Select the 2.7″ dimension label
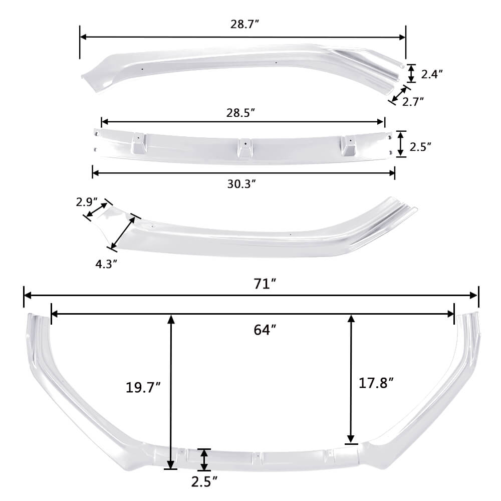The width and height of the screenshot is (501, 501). (413, 101)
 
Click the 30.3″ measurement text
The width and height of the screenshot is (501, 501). (242, 184)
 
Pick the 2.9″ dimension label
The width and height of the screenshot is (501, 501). (86, 202)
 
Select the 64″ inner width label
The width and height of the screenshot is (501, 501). (265, 330)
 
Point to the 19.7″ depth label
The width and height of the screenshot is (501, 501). (143, 386)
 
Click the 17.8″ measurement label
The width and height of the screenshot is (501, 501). (376, 383)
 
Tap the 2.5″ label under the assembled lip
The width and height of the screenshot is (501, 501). (204, 481)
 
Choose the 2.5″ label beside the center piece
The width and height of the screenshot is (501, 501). (420, 147)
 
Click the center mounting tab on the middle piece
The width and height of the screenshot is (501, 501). (244, 146)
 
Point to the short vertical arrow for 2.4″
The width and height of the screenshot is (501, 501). (411, 73)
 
